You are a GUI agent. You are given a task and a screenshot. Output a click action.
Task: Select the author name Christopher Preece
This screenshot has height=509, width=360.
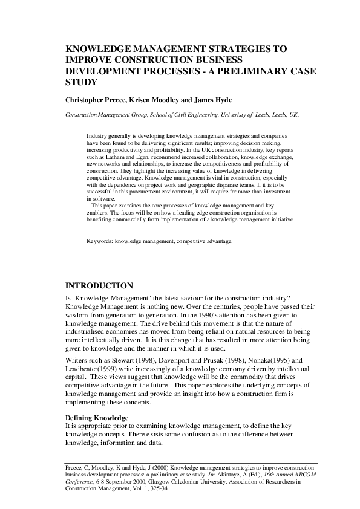(x=94, y=99)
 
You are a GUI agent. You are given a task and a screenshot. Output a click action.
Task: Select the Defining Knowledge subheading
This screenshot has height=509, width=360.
(x=96, y=418)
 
